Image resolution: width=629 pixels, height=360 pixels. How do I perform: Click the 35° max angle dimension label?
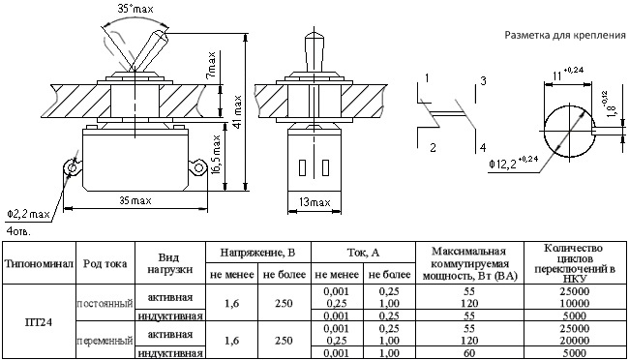(x=135, y=9)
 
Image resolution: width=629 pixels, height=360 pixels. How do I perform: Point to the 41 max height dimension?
(x=237, y=112)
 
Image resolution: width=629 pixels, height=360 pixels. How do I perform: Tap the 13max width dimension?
(x=314, y=202)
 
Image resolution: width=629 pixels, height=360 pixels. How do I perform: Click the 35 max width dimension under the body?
(x=135, y=200)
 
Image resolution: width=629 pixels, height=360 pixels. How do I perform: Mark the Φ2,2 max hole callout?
(x=28, y=214)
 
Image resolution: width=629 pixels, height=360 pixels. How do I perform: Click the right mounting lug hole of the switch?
(x=197, y=167)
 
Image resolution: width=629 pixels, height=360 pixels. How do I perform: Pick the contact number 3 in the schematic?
(x=484, y=81)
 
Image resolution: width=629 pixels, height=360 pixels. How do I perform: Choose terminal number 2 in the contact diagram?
(x=433, y=148)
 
